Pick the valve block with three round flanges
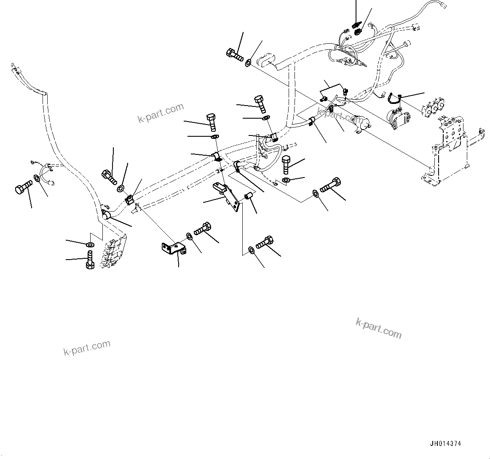coord(433,107)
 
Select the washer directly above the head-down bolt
coord(89,244)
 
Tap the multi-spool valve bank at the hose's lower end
coord(112,252)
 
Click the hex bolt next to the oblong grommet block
coord(234,55)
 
